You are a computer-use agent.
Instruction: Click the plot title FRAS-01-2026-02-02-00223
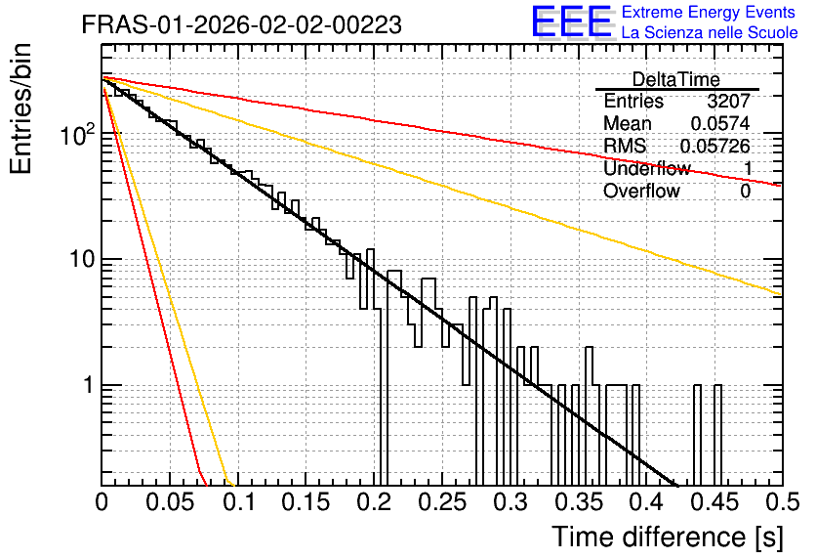click(x=241, y=25)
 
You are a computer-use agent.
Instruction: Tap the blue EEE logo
click(x=572, y=21)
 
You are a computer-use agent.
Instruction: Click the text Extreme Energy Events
click(x=709, y=12)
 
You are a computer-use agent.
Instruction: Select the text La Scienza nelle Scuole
click(x=710, y=32)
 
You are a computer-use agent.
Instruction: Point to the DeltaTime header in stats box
click(x=676, y=79)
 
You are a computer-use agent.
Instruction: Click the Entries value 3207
click(x=728, y=101)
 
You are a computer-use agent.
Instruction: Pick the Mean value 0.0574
click(x=720, y=123)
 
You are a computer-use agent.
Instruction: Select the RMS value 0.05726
click(x=715, y=146)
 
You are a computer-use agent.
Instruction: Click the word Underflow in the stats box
click(x=647, y=168)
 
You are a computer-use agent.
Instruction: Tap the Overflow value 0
click(x=745, y=192)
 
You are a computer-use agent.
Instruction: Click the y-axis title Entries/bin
click(x=20, y=108)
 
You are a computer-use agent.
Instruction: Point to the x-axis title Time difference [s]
click(x=668, y=537)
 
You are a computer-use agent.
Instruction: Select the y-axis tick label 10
click(x=83, y=259)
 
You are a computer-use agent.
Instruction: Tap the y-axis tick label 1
click(x=89, y=385)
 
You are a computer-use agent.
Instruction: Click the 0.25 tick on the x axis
click(x=442, y=502)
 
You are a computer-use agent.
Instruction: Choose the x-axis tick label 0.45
click(x=715, y=502)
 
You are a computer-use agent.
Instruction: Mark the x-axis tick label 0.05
click(x=170, y=502)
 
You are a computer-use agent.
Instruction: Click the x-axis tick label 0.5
click(x=782, y=502)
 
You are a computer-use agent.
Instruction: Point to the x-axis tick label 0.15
click(x=306, y=502)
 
